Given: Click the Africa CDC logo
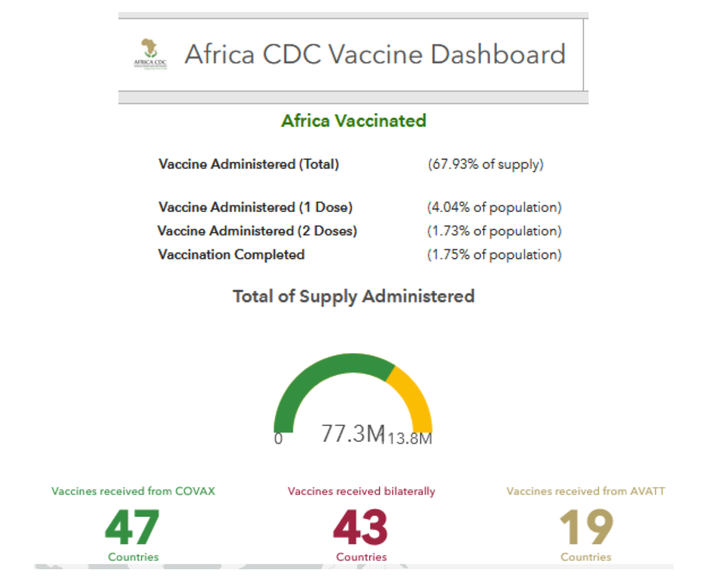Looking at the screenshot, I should (150, 54).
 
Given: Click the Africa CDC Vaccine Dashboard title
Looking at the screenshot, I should (375, 54).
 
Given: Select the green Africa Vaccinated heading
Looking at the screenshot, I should (353, 121).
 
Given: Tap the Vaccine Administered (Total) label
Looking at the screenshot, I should (248, 164).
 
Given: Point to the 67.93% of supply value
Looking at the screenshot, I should (486, 164).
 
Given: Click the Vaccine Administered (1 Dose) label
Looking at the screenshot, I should (255, 207).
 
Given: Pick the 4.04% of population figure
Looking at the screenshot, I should (494, 207).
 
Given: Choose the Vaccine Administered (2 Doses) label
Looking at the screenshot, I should (257, 231).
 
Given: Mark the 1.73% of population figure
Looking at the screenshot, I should (494, 231).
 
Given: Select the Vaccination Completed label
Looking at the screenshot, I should (231, 254).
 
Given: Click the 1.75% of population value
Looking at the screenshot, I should (494, 254).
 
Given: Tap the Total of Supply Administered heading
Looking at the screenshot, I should (353, 296).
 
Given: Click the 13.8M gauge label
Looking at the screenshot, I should (410, 439).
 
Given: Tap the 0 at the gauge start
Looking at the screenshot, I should (278, 439).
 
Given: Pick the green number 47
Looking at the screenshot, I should (133, 527).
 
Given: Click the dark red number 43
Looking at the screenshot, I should (361, 527).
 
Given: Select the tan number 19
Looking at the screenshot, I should (586, 527).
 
